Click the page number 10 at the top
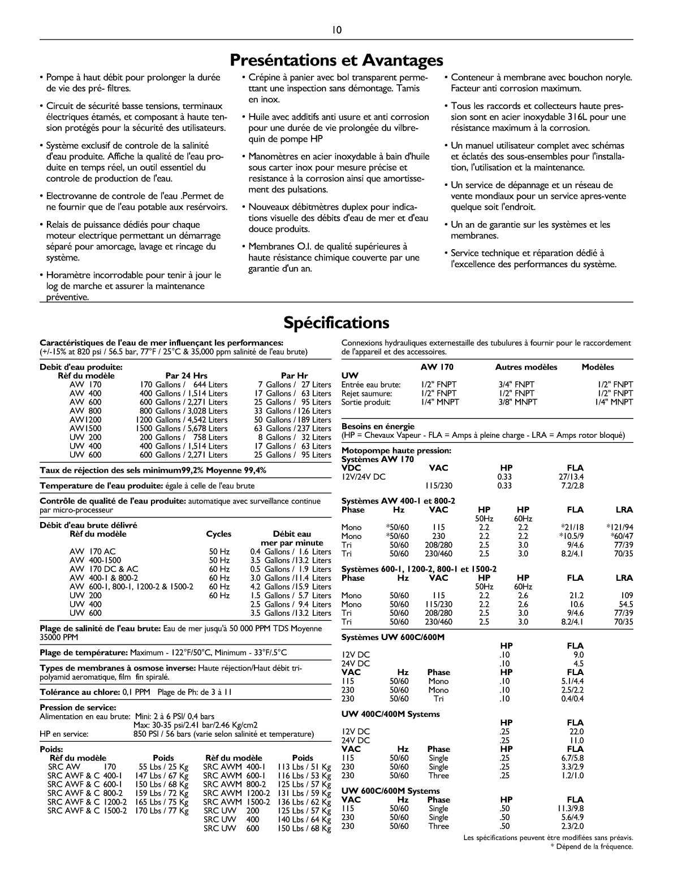pyautogui.click(x=336, y=30)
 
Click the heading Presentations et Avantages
pyautogui.click(x=336, y=60)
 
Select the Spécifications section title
pyautogui.click(x=336, y=323)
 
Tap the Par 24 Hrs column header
pyautogui.click(x=186, y=376)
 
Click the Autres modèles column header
pyautogui.click(x=526, y=367)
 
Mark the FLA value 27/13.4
pyautogui.click(x=571, y=477)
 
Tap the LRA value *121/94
pyautogui.click(x=620, y=527)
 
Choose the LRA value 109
pyautogui.click(x=627, y=595)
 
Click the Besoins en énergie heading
pyautogui.click(x=378, y=427)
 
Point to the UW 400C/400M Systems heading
pyautogui.click(x=390, y=714)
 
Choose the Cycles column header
pyautogui.click(x=218, y=534)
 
